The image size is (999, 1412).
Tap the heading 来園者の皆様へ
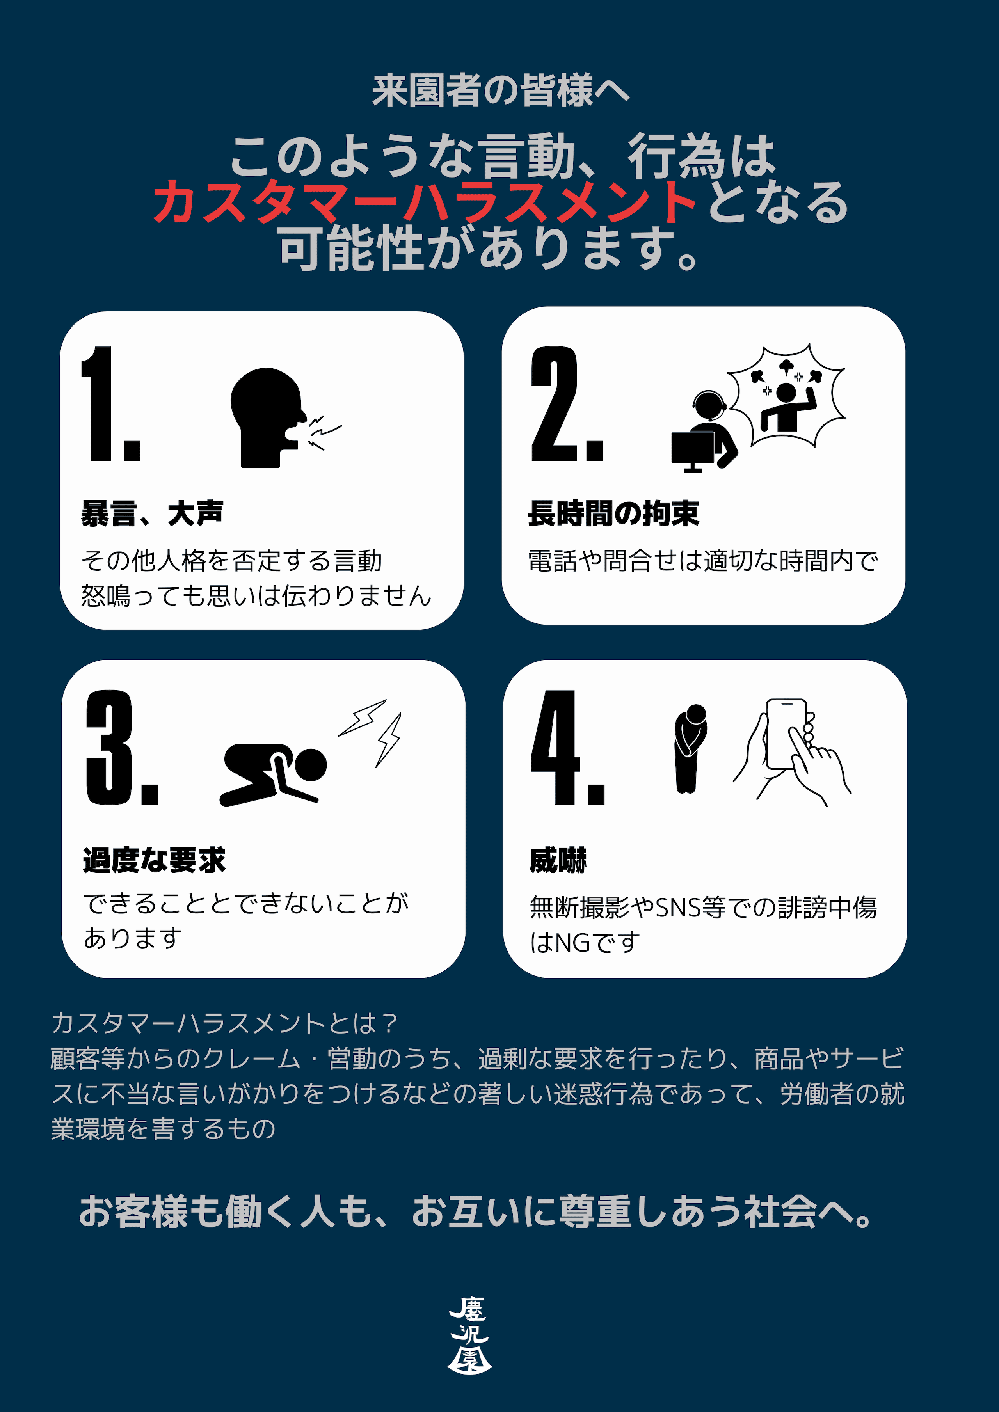[x=501, y=91]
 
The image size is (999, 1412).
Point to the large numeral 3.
[x=122, y=747]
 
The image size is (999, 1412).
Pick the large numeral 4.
[x=567, y=747]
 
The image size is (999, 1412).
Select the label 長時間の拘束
[x=613, y=513]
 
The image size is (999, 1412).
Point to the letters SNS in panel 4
[x=678, y=908]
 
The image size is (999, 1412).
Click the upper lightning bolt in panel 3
[x=363, y=717]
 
